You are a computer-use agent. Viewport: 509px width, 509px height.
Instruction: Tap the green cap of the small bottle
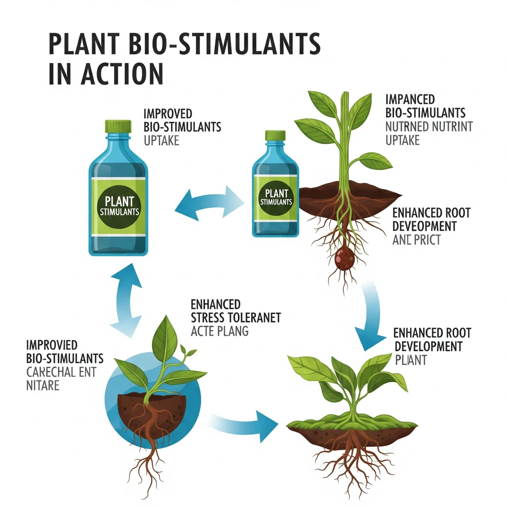pos(275,135)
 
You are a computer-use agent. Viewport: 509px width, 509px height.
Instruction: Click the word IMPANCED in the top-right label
pos(410,100)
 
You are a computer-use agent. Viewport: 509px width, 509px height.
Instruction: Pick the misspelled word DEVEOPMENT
pos(424,226)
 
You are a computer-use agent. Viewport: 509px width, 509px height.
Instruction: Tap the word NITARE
pos(43,386)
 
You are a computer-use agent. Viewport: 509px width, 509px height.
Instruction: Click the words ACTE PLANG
pos(220,331)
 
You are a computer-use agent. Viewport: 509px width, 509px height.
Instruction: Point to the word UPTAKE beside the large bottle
pos(161,141)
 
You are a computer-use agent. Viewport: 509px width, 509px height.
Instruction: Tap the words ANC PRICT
pos(416,240)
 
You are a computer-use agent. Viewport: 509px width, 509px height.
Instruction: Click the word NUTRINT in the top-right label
pos(452,127)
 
